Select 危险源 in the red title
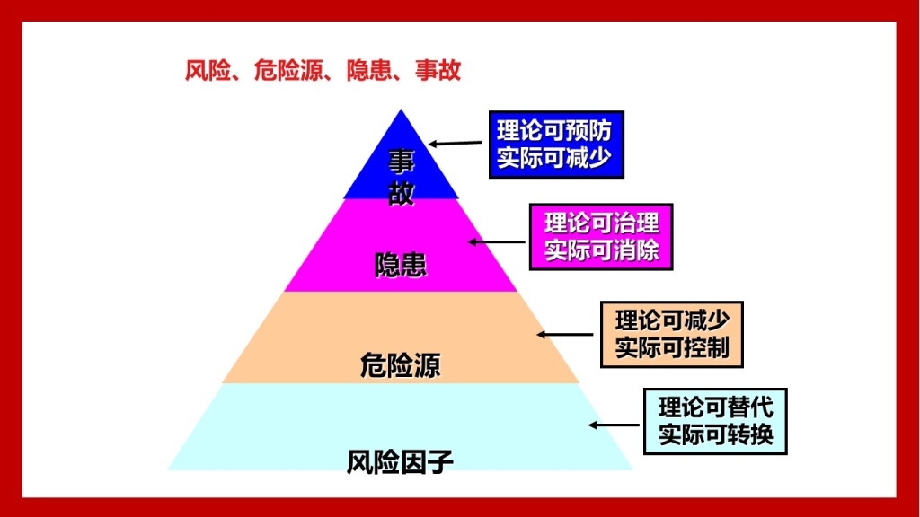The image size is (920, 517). point(288,70)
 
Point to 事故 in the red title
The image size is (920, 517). point(438,70)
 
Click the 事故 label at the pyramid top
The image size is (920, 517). point(402,177)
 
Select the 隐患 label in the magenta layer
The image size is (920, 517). point(401,265)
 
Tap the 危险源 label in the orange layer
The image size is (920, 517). point(400,365)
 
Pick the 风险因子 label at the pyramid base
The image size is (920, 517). point(400,462)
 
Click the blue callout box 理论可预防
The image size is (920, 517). point(556,145)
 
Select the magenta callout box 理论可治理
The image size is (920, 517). point(601,237)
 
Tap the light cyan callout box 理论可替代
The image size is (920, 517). point(715,421)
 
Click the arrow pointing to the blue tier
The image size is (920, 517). point(456,143)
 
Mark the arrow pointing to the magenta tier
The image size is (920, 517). point(496,241)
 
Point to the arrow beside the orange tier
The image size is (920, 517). point(565,335)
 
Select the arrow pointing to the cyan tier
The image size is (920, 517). point(614,425)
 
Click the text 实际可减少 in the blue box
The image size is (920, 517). point(555,158)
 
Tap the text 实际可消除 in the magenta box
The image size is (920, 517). point(601,251)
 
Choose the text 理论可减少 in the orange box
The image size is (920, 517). point(672,320)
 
